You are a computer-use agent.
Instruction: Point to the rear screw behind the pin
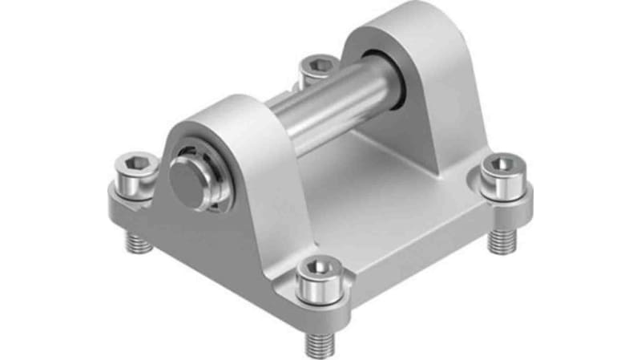319,67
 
